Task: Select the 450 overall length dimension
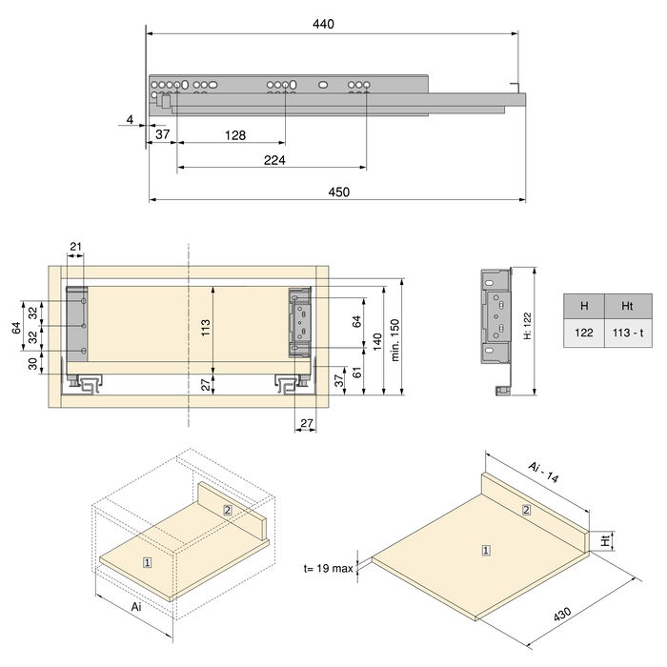click(338, 192)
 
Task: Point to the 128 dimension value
click(234, 135)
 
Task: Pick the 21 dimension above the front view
click(76, 249)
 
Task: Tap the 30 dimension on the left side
click(31, 363)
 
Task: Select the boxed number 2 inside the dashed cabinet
click(227, 510)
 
